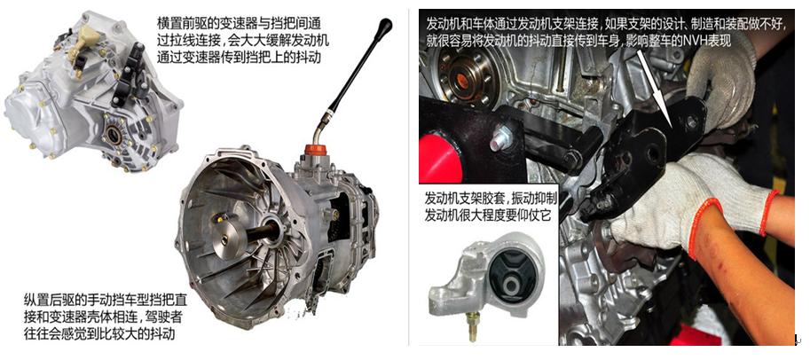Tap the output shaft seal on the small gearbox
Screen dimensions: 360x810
coord(116,136)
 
